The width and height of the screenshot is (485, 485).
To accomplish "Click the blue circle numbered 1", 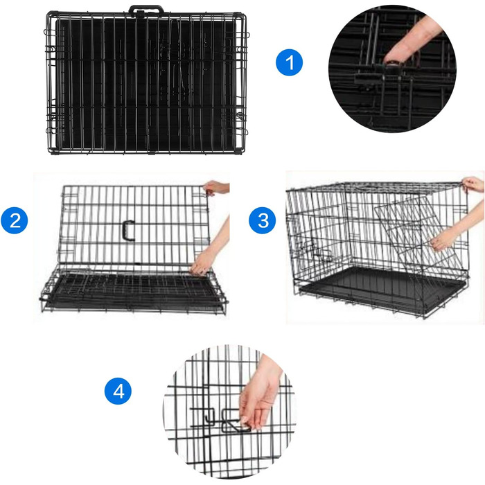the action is click(289, 62).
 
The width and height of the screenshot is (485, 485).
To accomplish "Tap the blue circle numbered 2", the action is click(15, 220).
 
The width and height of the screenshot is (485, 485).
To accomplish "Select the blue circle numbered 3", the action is click(263, 220).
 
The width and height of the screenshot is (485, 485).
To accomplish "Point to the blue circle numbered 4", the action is click(118, 391).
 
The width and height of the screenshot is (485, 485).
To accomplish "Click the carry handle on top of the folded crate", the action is click(146, 10).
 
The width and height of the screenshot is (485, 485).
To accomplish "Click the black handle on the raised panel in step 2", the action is click(128, 230).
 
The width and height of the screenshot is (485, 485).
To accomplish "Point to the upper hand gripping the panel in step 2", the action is click(216, 188).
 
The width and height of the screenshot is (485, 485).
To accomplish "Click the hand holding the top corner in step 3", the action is click(473, 184).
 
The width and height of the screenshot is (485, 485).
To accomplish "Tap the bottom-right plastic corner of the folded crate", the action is click(238, 151).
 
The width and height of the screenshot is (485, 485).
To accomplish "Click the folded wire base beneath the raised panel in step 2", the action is click(133, 291).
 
